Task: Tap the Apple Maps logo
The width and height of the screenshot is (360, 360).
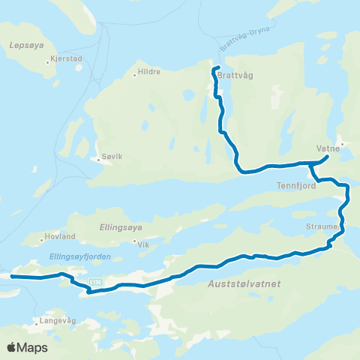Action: pos(26,347)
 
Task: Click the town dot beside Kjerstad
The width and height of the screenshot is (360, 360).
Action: pos(46,61)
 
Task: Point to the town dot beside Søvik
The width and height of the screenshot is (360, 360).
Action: pos(97,159)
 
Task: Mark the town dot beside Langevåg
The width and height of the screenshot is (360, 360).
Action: pos(36,325)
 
